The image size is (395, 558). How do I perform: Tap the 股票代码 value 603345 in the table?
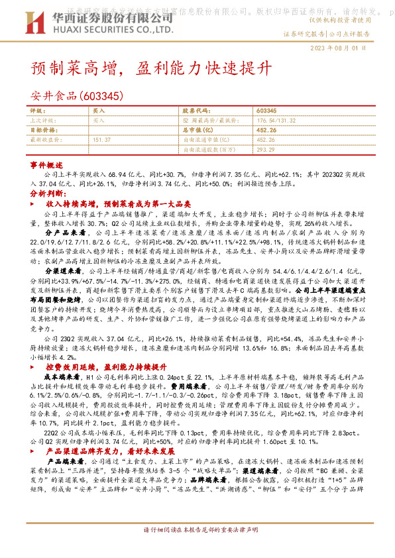click(x=265, y=111)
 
